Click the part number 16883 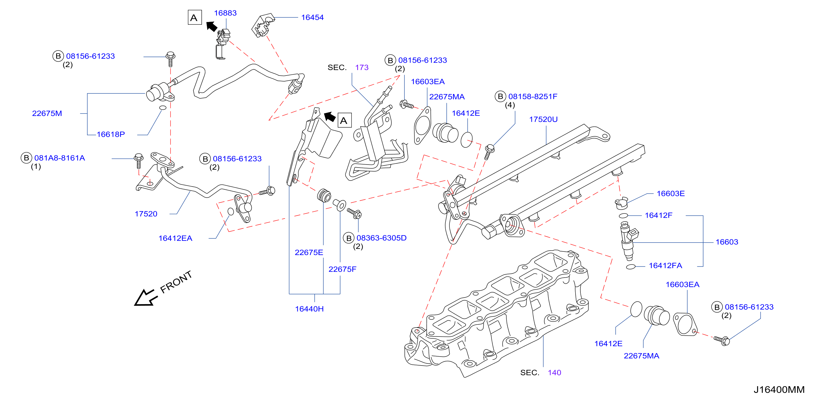click(225, 13)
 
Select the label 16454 click(312, 18)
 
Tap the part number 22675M click(47, 114)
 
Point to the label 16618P click(111, 134)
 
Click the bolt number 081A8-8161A click(60, 158)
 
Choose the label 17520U click(543, 119)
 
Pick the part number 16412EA click(175, 238)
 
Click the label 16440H click(309, 309)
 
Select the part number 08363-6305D click(381, 238)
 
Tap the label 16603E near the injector click(671, 194)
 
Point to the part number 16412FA click(665, 266)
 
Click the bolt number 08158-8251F click(533, 97)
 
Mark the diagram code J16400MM click(779, 390)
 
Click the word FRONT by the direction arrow click(176, 282)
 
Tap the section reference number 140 click(554, 373)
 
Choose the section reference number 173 click(362, 67)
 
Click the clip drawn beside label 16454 click(262, 25)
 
